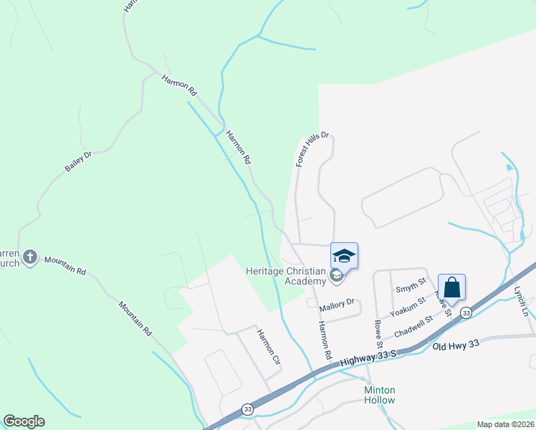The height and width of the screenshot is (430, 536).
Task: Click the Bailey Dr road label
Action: [79, 161]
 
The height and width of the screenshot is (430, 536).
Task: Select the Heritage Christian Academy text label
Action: [285, 276]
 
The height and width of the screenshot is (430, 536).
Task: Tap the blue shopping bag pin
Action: [451, 287]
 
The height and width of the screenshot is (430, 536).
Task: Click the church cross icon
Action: [29, 256]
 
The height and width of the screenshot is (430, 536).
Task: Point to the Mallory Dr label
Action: [337, 304]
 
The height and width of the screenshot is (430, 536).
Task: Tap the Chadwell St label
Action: [413, 326]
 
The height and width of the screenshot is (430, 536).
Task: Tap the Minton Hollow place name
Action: [380, 395]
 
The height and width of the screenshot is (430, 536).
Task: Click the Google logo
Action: [24, 421]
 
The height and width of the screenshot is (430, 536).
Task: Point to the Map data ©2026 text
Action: [505, 424]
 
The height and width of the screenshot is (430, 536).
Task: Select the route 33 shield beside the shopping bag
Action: [466, 312]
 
